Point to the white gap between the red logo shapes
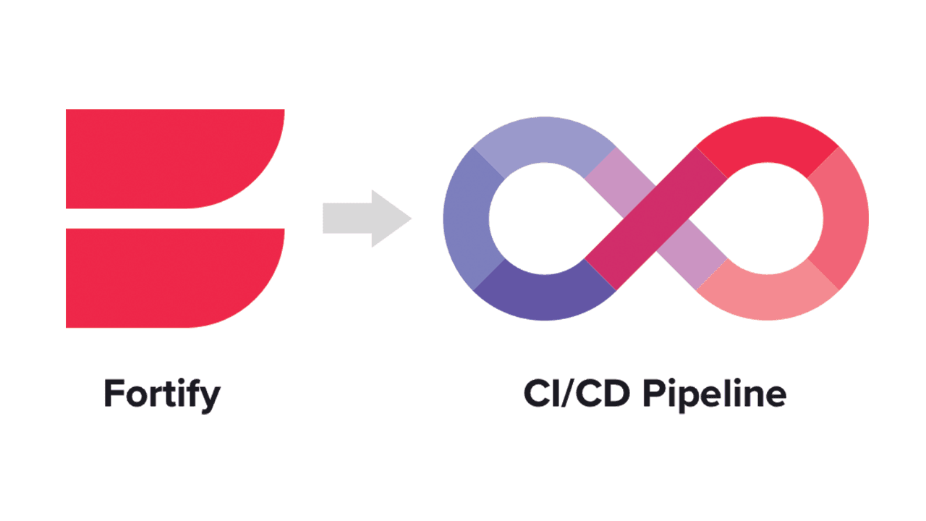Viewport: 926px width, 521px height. point(174,219)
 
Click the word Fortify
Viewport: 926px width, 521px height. point(161,394)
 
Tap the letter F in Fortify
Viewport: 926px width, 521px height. point(113,394)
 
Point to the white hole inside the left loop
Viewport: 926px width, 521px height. point(532,218)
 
